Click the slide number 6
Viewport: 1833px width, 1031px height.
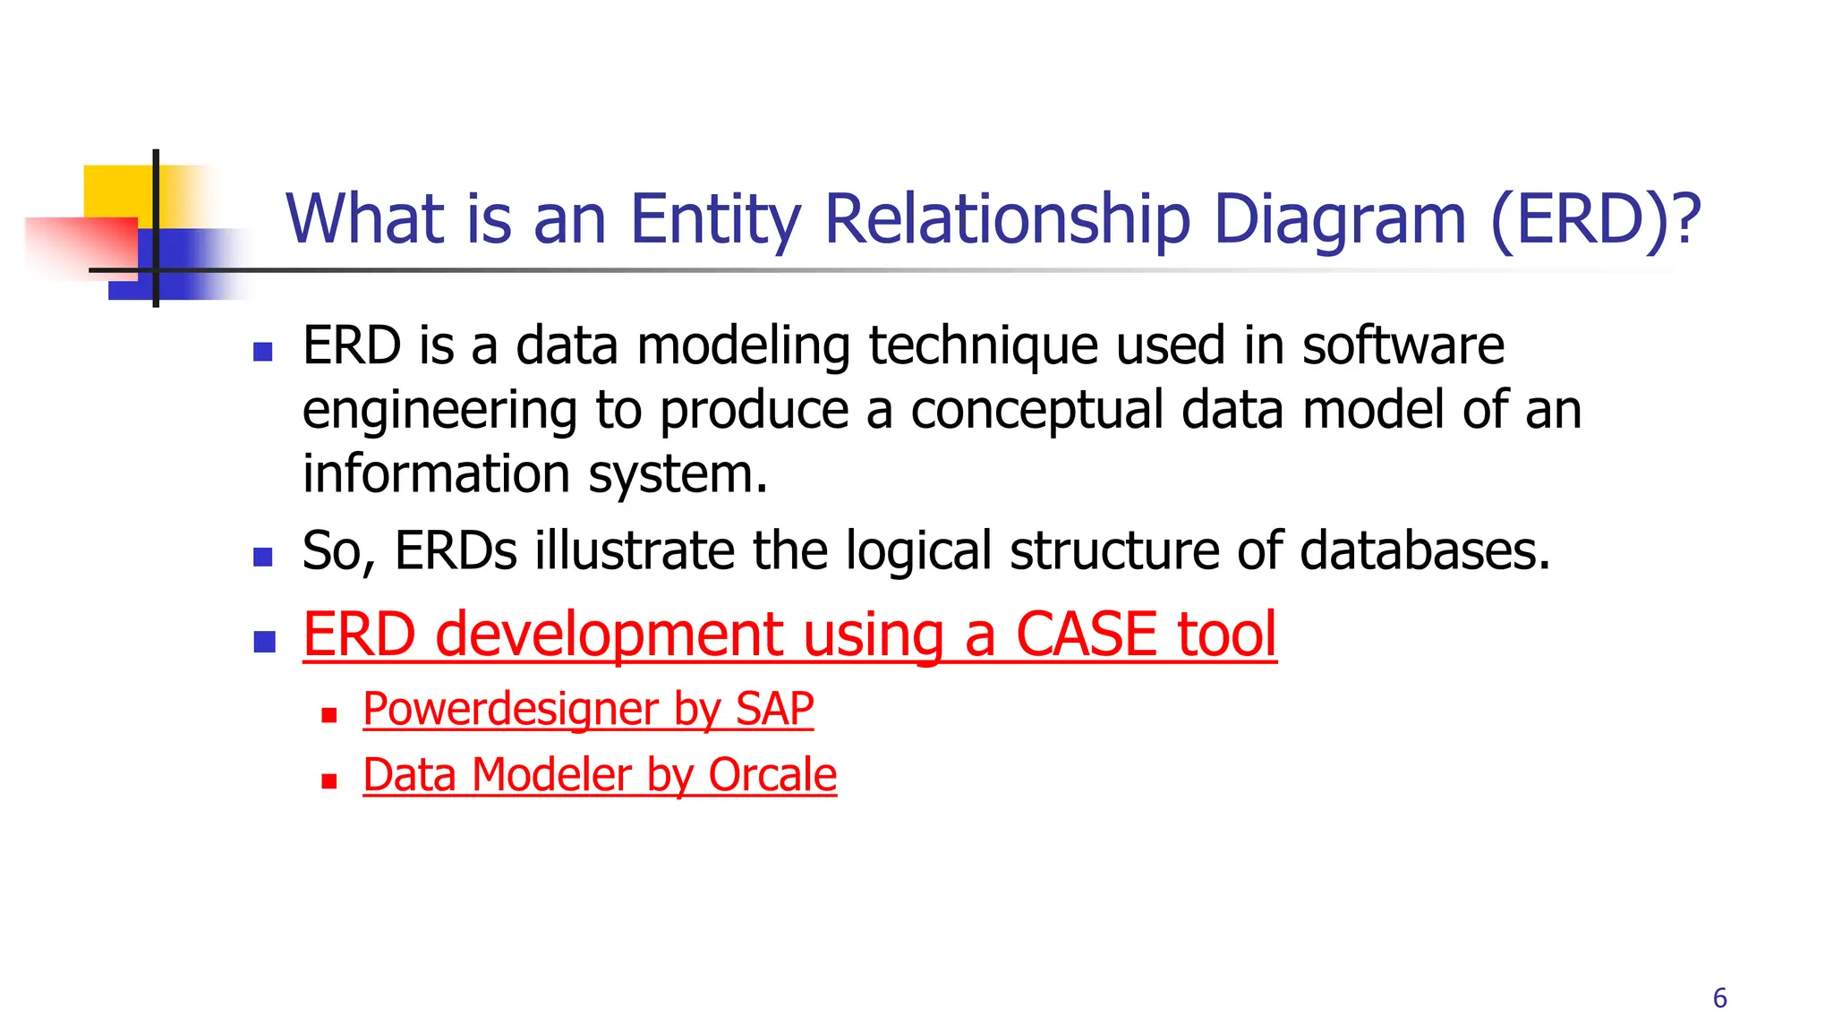click(x=1719, y=998)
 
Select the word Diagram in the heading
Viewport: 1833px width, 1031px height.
click(x=1339, y=219)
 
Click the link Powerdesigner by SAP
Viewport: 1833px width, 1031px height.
click(x=588, y=710)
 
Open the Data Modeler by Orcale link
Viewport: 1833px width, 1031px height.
click(x=600, y=775)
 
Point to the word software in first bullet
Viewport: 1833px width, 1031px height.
click(x=1402, y=345)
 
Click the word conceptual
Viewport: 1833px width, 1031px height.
click(x=1036, y=410)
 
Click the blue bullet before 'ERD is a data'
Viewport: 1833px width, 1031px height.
click(x=263, y=352)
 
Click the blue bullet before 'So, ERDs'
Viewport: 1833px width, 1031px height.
click(x=263, y=558)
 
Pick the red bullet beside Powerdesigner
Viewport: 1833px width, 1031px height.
click(x=329, y=716)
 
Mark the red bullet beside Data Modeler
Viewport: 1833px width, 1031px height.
click(x=329, y=781)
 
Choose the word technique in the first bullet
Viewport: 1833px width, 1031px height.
click(x=983, y=345)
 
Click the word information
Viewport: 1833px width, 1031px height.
click(x=436, y=474)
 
